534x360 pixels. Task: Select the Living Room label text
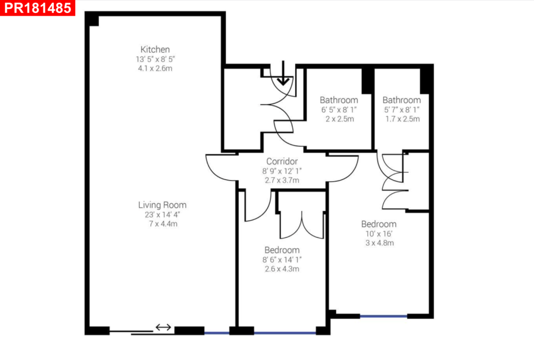click(x=162, y=205)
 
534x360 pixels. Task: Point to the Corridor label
click(x=282, y=161)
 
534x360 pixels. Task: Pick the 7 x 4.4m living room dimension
click(x=162, y=224)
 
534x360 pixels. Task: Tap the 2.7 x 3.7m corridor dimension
click(x=282, y=181)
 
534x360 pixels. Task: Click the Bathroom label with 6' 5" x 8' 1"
click(x=339, y=100)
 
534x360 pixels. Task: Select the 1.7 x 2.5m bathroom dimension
click(x=402, y=119)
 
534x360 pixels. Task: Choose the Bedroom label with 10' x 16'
click(x=378, y=224)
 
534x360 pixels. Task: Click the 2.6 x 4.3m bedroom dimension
click(x=282, y=269)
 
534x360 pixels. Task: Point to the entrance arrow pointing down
click(x=283, y=74)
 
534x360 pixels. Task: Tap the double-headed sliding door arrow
click(x=163, y=327)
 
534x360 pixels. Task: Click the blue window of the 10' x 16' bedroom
click(x=383, y=316)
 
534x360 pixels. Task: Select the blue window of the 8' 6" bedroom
click(x=285, y=332)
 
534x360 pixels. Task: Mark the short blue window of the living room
click(x=216, y=332)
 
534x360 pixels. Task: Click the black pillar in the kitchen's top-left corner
click(x=92, y=19)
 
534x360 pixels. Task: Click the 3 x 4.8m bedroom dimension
click(x=378, y=243)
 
